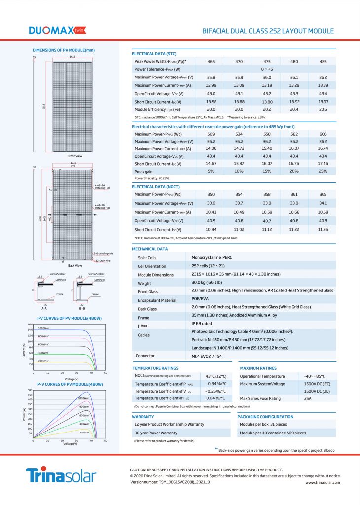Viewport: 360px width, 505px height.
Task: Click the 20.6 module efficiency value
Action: click(323, 109)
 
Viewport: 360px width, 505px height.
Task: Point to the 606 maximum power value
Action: click(323, 133)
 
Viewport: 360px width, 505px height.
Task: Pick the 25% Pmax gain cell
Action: click(323, 171)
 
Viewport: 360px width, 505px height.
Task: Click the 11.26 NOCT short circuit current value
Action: click(323, 230)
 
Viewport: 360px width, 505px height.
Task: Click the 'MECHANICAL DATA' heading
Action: click(150, 249)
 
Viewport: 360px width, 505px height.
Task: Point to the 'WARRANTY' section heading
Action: click(144, 417)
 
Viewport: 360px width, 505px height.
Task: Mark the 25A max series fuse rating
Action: click(308, 398)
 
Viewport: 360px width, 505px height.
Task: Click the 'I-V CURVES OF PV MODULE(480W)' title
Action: click(70, 318)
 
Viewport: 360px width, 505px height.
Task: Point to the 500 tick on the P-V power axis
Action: click(29, 391)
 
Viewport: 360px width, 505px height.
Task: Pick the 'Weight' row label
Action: click(144, 283)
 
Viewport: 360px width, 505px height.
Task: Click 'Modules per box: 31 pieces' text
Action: click(262, 424)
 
